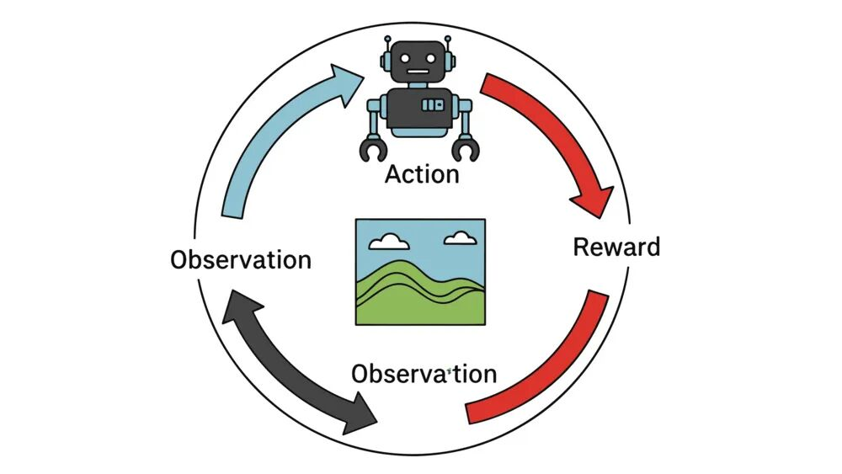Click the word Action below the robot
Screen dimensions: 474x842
tap(422, 174)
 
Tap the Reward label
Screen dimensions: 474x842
tap(616, 248)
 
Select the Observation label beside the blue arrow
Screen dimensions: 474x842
tap(241, 259)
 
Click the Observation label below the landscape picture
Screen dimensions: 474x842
tap(424, 373)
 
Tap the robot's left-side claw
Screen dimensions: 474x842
tap(373, 148)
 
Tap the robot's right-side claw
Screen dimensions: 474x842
tap(466, 148)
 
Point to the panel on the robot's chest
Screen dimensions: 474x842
tap(433, 104)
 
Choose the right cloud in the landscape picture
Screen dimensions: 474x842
tap(460, 238)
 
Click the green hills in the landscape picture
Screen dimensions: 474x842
tap(420, 295)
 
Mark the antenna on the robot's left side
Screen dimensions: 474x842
tap(388, 44)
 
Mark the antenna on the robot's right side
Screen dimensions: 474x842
tap(449, 44)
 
